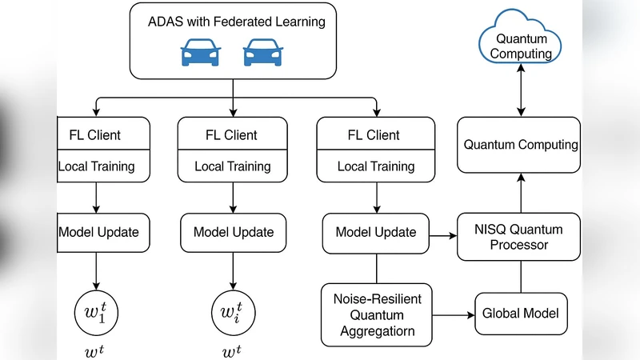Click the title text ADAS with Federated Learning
pos(237,22)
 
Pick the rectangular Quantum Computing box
pos(521,145)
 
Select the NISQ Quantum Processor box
pos(521,237)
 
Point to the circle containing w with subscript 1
pos(96,310)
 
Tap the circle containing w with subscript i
pos(233,310)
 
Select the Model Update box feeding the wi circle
pos(233,232)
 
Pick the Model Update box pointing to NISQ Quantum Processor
pos(376,232)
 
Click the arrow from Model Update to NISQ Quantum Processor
pos(442,236)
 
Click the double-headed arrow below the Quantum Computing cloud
pos(521,90)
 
